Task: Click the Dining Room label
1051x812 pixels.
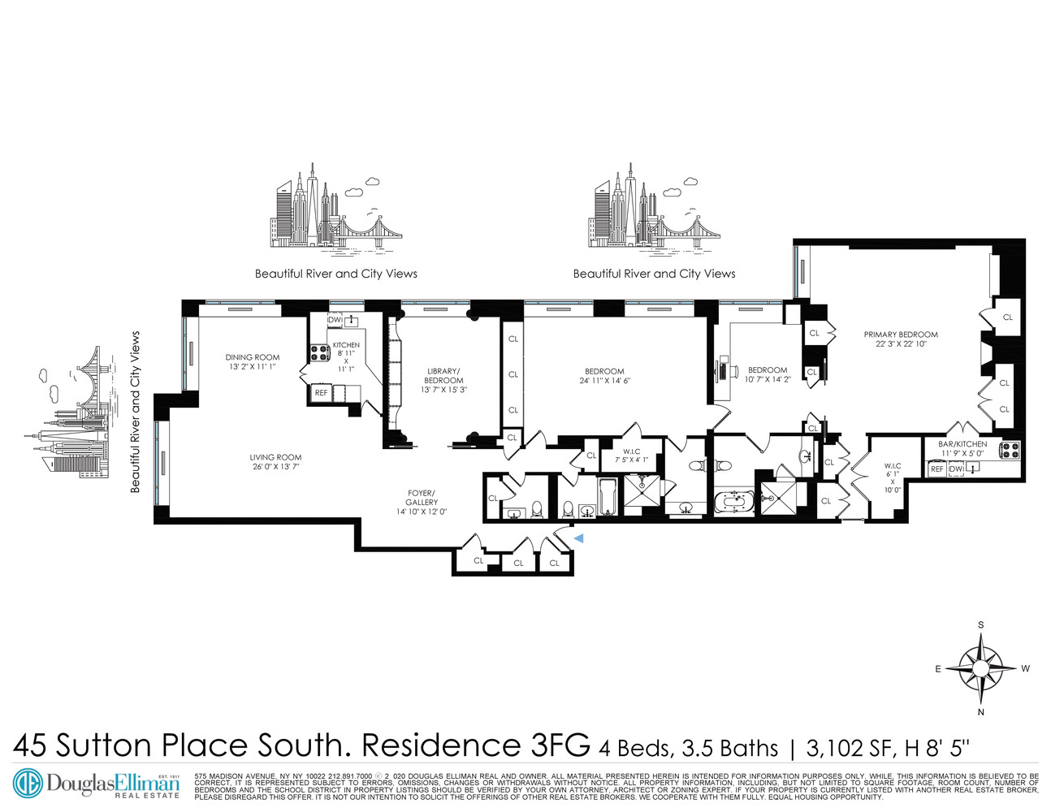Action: coord(252,357)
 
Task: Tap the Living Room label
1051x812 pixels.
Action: coord(275,458)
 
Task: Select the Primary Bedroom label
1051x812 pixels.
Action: coord(901,335)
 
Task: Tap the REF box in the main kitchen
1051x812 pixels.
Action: coord(321,393)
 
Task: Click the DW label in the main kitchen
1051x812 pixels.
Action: coord(334,320)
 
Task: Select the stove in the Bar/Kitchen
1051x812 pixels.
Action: coord(1010,449)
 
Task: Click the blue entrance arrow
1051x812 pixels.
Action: coord(578,538)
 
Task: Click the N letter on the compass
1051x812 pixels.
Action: coord(981,712)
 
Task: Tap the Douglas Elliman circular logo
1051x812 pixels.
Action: coord(29,783)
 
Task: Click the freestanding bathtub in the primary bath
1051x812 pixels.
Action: coord(734,498)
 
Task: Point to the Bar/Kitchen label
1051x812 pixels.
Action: coord(962,444)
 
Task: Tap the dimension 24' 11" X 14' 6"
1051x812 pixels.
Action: coord(604,381)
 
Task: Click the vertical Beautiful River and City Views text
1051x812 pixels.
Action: coord(136,412)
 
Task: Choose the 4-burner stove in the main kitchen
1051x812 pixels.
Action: coord(318,352)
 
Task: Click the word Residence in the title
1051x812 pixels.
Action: coord(438,745)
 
